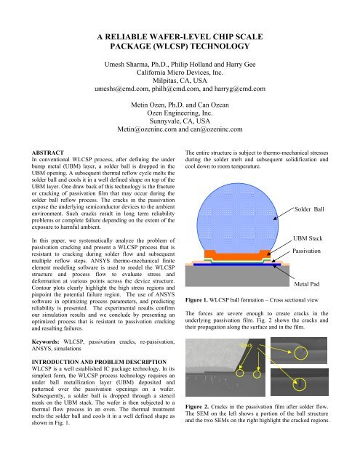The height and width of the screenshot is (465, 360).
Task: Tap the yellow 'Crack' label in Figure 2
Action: pyautogui.click(x=246, y=344)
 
